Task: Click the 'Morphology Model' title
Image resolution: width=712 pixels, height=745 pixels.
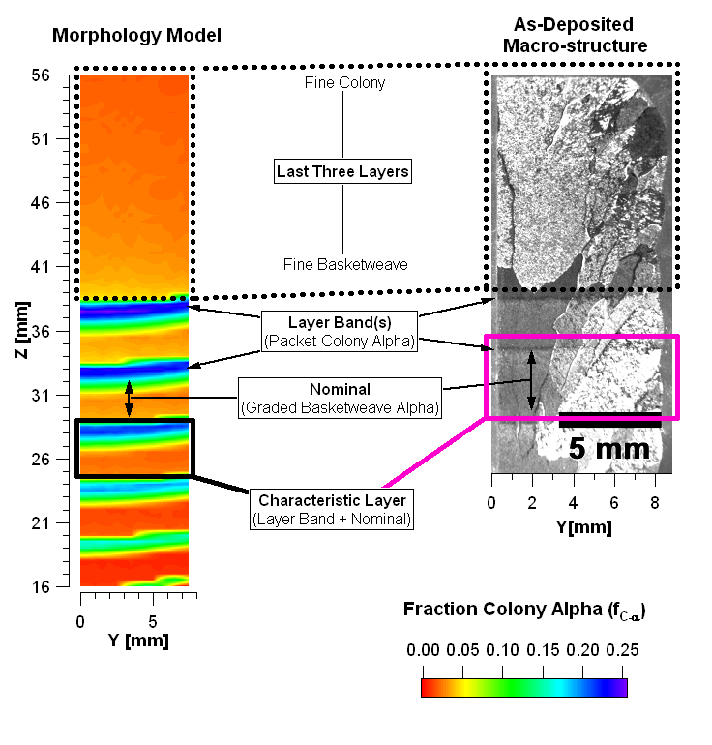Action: click(x=136, y=36)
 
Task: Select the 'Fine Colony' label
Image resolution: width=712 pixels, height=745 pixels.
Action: click(x=344, y=83)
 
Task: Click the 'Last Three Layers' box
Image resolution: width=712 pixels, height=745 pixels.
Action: click(x=342, y=172)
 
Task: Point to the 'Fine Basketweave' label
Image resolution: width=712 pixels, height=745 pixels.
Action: click(x=345, y=264)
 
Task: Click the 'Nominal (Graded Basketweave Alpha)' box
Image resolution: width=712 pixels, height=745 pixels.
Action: click(x=340, y=399)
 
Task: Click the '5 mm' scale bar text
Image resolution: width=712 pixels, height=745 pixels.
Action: click(x=609, y=449)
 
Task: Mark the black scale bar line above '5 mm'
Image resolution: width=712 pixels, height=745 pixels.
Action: click(x=609, y=419)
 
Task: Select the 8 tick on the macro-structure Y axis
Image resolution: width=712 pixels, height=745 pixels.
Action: click(x=656, y=502)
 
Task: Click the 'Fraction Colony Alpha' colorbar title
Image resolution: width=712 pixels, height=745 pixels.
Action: click(x=523, y=611)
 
